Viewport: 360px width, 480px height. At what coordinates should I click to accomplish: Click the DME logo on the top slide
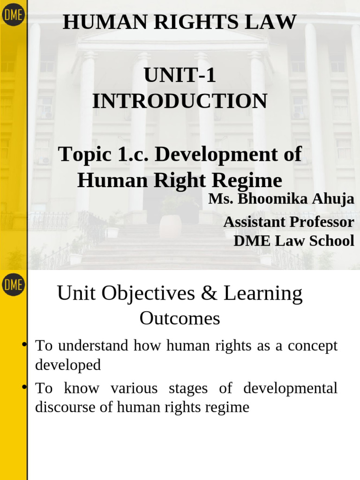[13, 15]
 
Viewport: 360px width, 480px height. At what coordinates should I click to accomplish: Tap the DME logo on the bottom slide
[13, 285]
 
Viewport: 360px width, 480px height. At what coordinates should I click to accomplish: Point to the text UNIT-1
[180, 76]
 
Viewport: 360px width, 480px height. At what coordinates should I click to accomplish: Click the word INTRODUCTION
[180, 101]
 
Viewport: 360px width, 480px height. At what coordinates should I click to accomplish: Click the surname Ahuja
[334, 199]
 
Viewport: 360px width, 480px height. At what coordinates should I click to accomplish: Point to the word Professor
[321, 222]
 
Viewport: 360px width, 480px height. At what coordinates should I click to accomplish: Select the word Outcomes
[180, 319]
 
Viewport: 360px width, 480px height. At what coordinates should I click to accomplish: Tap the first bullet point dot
[24, 345]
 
